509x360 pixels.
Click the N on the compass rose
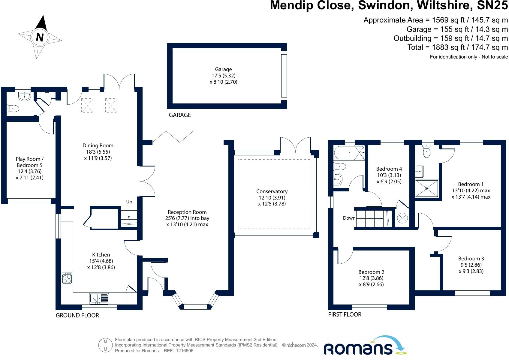pos(40,37)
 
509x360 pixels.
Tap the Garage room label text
pos(223,69)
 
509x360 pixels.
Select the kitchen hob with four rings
pos(67,278)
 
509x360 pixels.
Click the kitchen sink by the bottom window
pos(99,298)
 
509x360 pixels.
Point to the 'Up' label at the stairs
pos(129,202)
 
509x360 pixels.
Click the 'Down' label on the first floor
pos(349,218)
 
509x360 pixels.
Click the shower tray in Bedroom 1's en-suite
pos(426,188)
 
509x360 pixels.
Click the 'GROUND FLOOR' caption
pos(77,316)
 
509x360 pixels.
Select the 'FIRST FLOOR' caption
pos(345,315)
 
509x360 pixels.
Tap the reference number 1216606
pos(185,351)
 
